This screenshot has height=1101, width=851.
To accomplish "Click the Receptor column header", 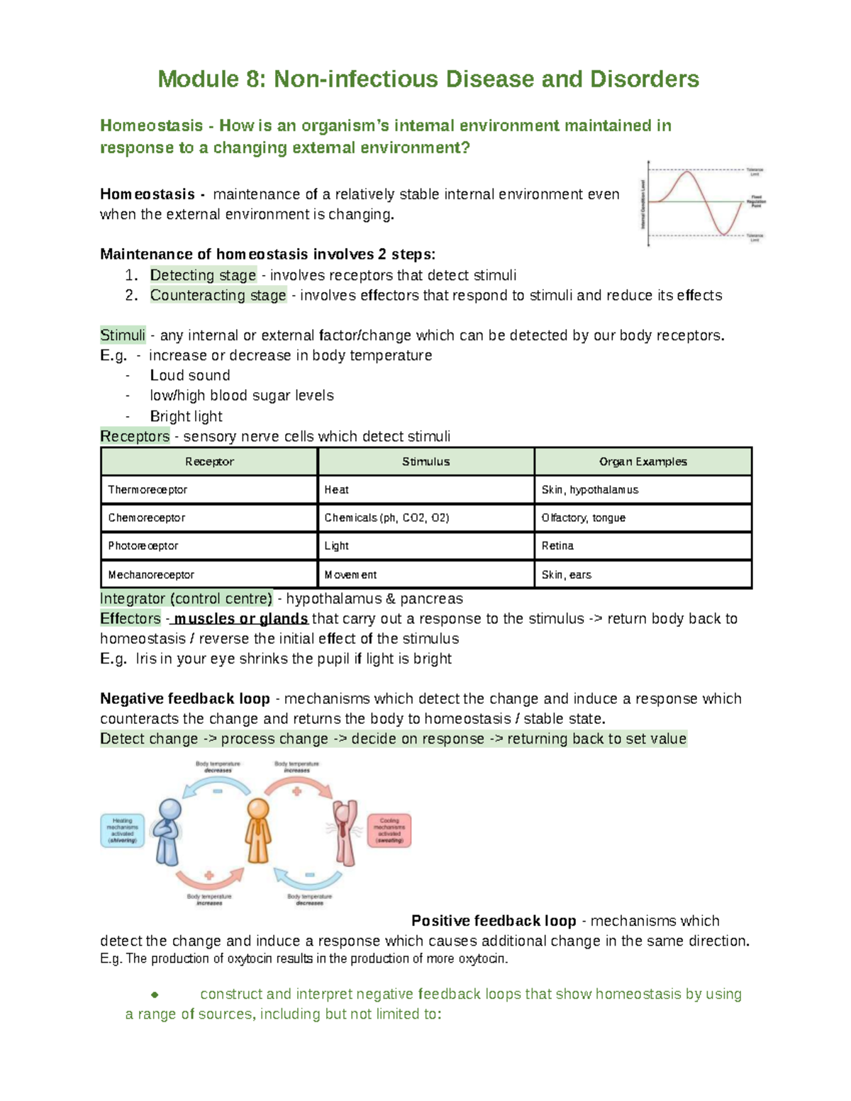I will (x=209, y=462).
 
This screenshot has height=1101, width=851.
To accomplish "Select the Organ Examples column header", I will (x=643, y=462).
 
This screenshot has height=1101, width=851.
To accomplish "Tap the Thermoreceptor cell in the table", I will (x=148, y=490).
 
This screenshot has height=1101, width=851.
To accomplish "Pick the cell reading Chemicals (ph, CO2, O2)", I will (x=386, y=518).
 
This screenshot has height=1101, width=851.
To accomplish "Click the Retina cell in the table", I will (x=557, y=546).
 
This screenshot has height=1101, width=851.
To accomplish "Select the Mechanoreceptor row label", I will (x=151, y=575).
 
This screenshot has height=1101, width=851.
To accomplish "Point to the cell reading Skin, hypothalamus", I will (x=590, y=490).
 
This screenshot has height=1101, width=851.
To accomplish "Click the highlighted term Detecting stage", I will (x=203, y=275).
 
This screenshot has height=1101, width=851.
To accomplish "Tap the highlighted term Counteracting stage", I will (x=218, y=295).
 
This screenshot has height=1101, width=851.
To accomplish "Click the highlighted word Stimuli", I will (x=123, y=335).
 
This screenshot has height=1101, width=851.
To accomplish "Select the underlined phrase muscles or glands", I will (x=241, y=619).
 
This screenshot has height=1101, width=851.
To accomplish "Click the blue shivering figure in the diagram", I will (x=169, y=832).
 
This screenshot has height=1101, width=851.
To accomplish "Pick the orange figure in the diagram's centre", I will (x=258, y=831).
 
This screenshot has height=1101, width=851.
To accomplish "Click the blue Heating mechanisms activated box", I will (x=123, y=831).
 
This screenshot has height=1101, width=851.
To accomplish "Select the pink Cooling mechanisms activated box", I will (x=389, y=831).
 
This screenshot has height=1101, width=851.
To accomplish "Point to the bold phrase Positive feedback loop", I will (x=494, y=921).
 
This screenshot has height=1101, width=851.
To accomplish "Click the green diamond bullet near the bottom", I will (x=155, y=995).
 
